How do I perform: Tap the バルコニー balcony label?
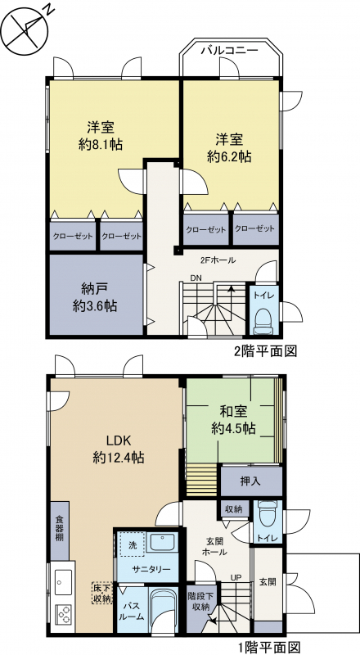(230, 51)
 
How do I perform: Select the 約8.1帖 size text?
(101, 145)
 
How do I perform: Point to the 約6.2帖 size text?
(229, 156)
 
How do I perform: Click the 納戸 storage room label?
(95, 290)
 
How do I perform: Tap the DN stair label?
(195, 278)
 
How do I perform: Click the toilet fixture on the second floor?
(263, 321)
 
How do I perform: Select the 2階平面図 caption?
(265, 351)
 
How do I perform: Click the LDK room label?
(119, 440)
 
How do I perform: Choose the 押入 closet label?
(250, 481)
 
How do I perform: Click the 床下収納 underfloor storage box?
(102, 592)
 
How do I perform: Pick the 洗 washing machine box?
(132, 544)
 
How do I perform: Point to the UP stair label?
(236, 578)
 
